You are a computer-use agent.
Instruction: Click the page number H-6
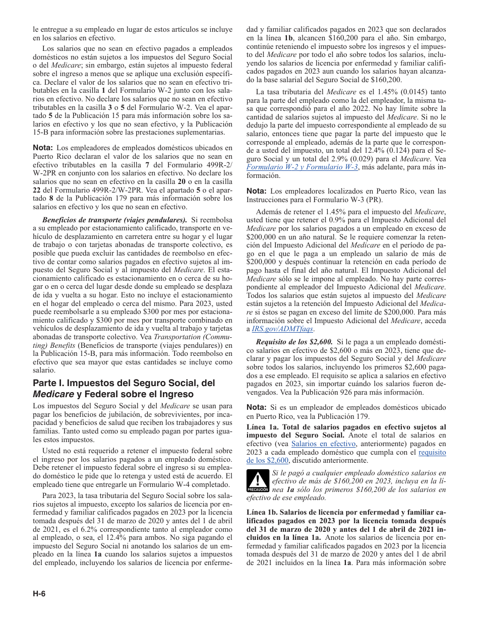coord(39,593)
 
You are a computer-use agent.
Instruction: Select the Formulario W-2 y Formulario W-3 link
coord(303,167)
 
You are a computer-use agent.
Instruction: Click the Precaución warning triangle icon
coord(257,480)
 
